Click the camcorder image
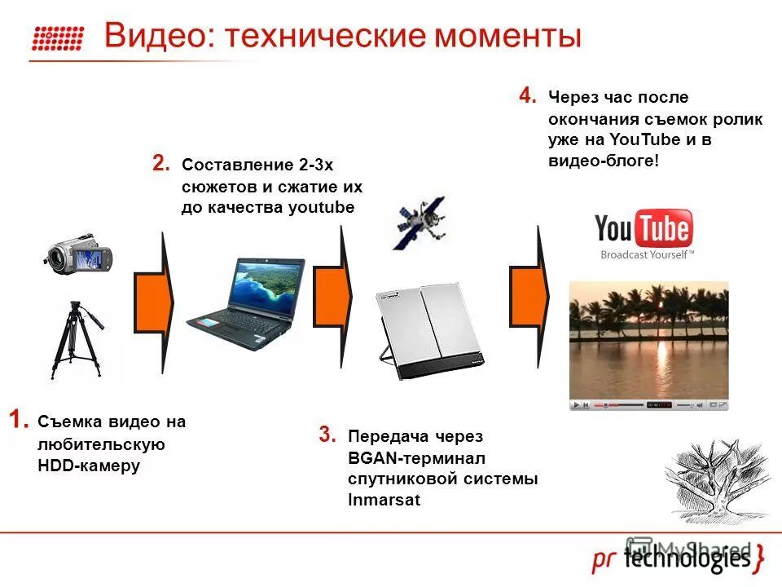point(78,255)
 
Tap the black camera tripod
point(76,340)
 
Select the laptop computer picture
point(238,303)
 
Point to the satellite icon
point(420,223)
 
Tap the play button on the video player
point(577,404)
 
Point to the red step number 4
point(528,96)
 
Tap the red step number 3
point(327,435)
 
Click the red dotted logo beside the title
point(58,38)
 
